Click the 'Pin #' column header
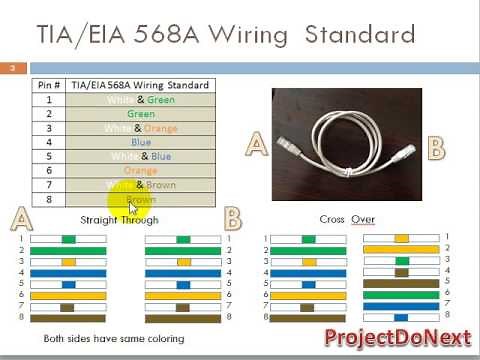(50, 86)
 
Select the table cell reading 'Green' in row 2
(140, 114)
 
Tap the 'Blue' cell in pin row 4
(140, 142)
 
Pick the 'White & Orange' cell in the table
(140, 128)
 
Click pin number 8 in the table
(50, 199)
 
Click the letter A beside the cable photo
(257, 146)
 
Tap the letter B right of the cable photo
(435, 149)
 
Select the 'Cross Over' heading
(347, 219)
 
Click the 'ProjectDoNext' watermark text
(395, 338)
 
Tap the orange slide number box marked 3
(12, 68)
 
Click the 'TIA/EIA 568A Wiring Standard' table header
(140, 86)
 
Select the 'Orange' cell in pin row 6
(140, 171)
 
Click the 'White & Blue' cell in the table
(140, 156)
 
